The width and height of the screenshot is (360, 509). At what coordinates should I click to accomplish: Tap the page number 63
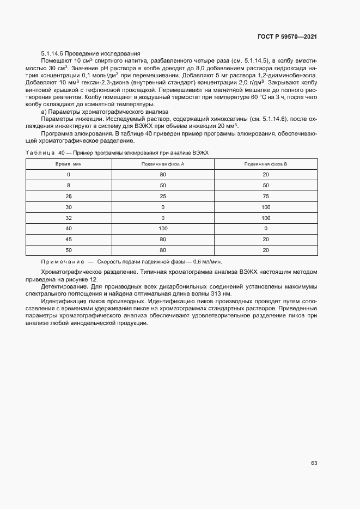(314, 463)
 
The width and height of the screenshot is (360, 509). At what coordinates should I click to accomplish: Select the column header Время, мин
(68, 164)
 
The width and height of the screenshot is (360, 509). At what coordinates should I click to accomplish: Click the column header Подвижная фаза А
(163, 164)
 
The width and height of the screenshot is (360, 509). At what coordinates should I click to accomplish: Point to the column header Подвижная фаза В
(266, 164)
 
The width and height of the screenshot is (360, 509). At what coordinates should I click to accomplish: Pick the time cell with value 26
(68, 197)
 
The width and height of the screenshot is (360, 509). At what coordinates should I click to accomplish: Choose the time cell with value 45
(68, 238)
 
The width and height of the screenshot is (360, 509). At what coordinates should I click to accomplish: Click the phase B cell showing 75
(266, 197)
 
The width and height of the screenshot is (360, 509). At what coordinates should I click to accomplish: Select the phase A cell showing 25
(163, 197)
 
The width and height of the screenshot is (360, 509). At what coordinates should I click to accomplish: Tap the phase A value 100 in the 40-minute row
(163, 228)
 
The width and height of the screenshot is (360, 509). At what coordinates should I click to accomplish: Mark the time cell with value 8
(68, 186)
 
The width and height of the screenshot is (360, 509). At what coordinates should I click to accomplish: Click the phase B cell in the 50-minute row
(266, 249)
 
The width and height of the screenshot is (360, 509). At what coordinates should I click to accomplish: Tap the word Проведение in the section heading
(82, 53)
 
